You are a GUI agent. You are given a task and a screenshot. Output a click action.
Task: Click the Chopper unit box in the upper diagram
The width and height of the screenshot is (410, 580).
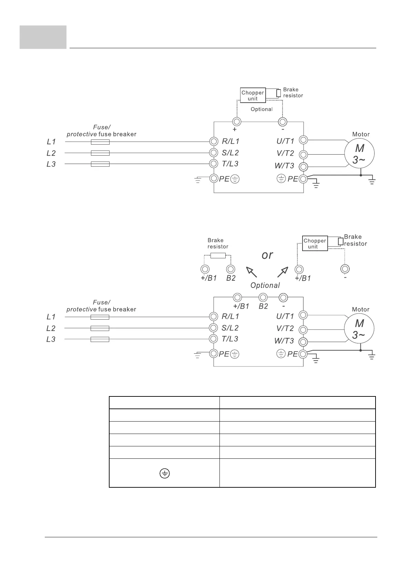point(253,95)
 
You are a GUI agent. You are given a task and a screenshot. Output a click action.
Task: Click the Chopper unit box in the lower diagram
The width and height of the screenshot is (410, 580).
point(315,244)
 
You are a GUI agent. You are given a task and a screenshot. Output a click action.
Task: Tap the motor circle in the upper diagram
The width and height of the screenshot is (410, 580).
point(360,153)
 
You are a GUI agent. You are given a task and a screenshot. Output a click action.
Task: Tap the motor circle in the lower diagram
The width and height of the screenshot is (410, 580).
point(359,329)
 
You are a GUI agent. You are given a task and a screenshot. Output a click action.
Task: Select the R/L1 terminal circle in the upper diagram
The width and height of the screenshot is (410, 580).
point(214,141)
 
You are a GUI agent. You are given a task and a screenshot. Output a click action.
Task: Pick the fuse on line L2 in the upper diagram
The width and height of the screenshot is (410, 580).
point(100,153)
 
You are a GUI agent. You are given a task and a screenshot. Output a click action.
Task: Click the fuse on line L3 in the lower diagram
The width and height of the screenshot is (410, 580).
point(100,340)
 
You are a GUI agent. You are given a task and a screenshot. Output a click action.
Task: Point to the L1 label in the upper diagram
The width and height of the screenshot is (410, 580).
point(51,142)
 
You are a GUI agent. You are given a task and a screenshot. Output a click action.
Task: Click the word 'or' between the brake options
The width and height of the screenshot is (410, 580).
point(267,255)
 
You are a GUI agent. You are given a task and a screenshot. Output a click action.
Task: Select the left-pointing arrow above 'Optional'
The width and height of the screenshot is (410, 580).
point(252,271)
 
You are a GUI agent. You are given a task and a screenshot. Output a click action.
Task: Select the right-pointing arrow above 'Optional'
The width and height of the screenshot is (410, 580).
point(283,271)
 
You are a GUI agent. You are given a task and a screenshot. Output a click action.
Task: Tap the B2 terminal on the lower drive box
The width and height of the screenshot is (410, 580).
point(263,297)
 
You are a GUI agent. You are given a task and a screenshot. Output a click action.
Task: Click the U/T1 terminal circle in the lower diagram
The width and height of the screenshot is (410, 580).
point(303,315)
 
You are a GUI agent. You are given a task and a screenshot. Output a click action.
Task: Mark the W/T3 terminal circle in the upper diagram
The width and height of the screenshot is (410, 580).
point(303,167)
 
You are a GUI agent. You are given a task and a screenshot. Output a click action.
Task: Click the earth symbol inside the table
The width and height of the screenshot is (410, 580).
point(165,474)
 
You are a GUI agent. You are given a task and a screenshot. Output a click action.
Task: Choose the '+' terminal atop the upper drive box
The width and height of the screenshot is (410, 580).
point(237,122)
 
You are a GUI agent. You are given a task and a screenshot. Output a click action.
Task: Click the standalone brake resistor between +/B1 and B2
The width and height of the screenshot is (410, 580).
point(218,256)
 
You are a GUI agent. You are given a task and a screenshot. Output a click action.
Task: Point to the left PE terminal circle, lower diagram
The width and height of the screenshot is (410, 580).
point(214,354)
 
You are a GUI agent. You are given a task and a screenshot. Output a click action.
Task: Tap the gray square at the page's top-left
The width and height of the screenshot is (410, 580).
point(43,37)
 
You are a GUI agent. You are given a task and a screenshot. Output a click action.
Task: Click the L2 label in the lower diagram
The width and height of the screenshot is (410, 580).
point(51,328)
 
